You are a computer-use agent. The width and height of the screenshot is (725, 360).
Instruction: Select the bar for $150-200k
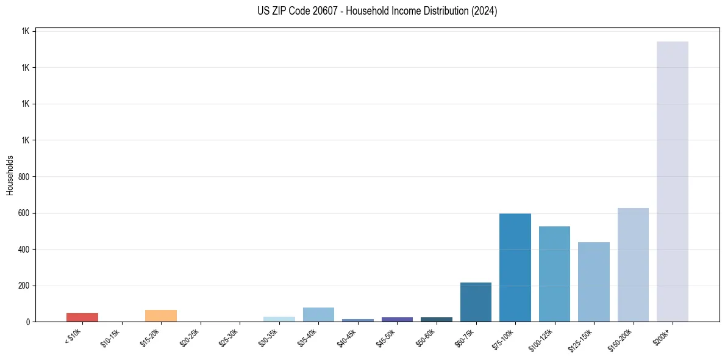pos(633,265)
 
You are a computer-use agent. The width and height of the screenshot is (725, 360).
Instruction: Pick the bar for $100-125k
pos(554,274)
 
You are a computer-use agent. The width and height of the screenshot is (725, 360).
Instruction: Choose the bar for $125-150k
pos(593,282)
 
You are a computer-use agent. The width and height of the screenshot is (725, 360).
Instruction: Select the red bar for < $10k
pos(82,317)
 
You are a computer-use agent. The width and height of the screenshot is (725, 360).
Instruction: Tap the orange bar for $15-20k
pos(161,315)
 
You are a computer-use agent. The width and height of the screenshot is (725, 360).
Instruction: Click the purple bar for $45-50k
pos(397,319)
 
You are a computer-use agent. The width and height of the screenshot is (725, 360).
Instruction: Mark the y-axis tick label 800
pos(25,177)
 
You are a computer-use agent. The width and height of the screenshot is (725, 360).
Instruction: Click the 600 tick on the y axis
pos(25,213)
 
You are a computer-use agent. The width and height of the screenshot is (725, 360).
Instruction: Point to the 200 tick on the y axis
pos(25,286)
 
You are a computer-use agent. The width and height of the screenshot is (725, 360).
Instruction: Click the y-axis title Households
pos(10,175)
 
